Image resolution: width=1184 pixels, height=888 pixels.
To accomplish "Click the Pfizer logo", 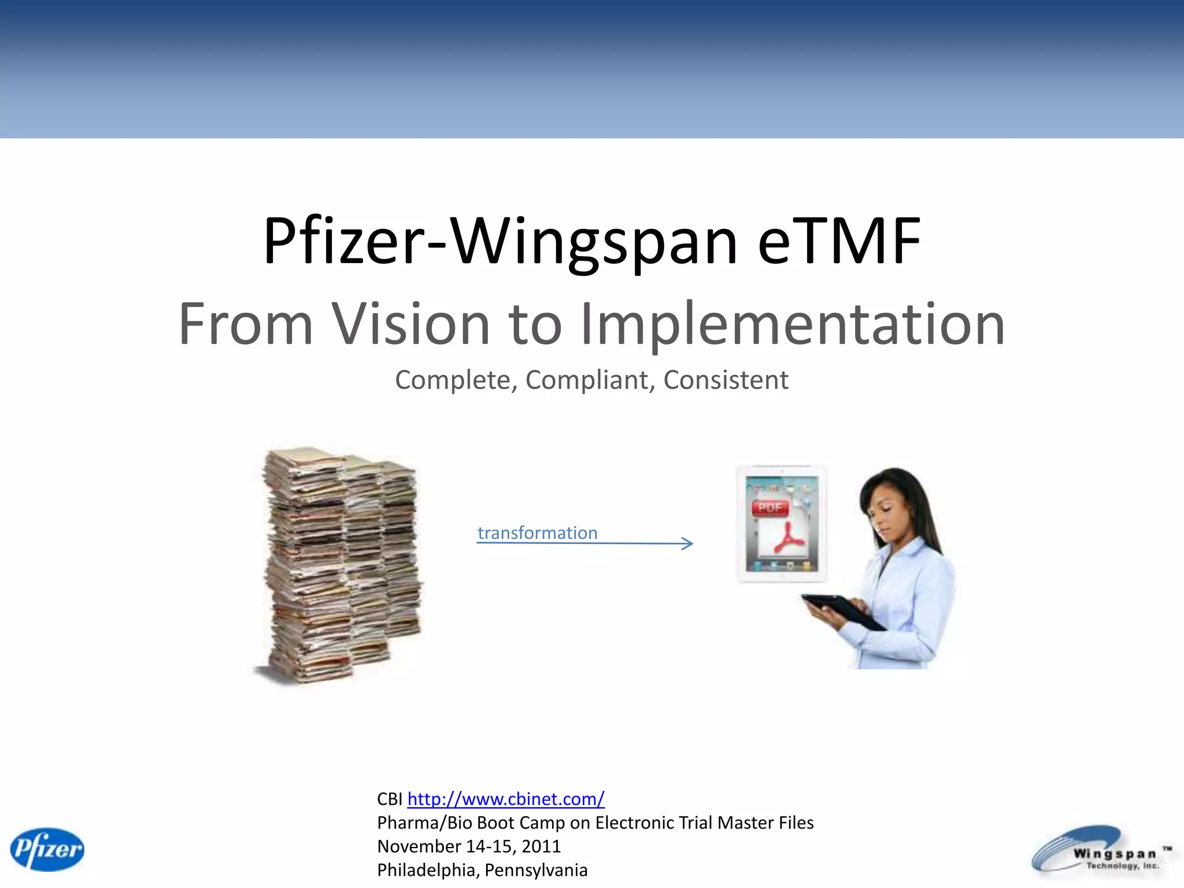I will click(x=47, y=849).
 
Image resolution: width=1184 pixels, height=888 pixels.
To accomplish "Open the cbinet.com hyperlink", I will click(x=506, y=799).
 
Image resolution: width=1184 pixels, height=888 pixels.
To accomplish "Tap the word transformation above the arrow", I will click(x=537, y=532).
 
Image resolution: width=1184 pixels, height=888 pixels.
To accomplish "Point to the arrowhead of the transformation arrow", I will click(x=688, y=543).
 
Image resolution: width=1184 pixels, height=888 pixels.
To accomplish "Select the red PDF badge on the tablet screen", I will click(x=770, y=508).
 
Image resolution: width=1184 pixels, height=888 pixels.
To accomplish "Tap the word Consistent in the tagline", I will click(x=726, y=380).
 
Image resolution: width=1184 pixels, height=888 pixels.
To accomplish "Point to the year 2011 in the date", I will click(x=541, y=846).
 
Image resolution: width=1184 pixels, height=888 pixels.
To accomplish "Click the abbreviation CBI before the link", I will click(x=390, y=799).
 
